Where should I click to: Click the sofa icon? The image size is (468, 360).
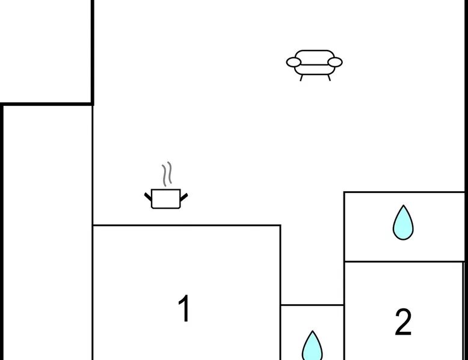(x=314, y=63)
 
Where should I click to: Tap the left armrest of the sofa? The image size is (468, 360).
(x=294, y=62)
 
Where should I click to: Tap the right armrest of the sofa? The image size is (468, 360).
(x=335, y=62)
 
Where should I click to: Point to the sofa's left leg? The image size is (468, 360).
(x=301, y=78)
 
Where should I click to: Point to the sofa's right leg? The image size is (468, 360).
(x=329, y=78)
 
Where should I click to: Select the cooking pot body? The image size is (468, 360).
(x=166, y=199)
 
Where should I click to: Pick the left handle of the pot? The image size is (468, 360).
(x=148, y=196)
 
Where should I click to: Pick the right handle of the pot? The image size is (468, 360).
(x=184, y=196)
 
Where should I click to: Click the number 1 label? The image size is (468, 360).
(x=184, y=310)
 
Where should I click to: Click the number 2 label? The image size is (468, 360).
(x=403, y=323)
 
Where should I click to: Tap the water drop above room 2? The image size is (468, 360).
(x=403, y=222)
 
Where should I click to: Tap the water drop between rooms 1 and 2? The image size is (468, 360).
(x=312, y=346)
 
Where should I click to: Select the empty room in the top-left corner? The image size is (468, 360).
(x=45, y=51)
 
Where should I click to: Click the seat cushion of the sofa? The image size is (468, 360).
(x=314, y=66)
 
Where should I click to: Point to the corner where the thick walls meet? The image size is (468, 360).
(x=93, y=104)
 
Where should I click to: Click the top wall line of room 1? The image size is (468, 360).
(x=186, y=225)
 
